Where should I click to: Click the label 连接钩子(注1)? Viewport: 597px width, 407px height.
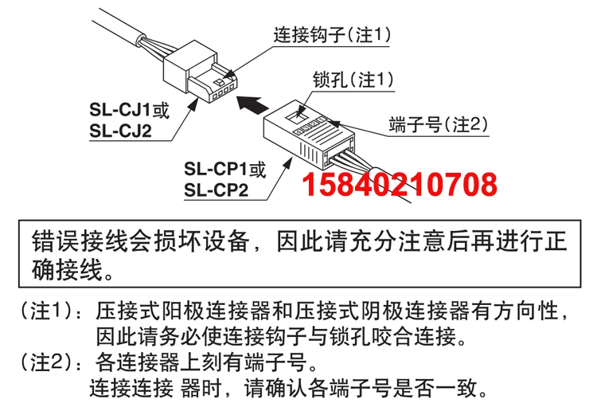[333, 35]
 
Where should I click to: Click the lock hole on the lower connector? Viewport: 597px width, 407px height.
[302, 112]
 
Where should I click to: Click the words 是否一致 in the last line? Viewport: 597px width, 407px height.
[441, 389]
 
